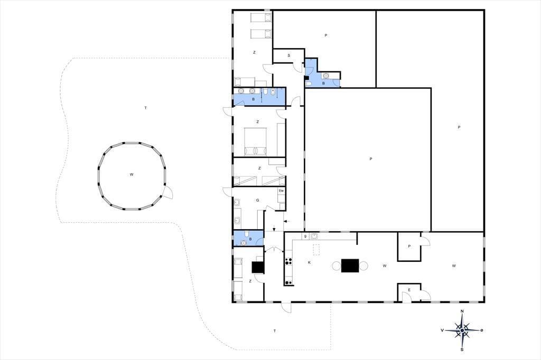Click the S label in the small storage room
pyautogui.click(x=288, y=55)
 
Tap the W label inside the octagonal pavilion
pyautogui.click(x=132, y=175)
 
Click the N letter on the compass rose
pyautogui.click(x=462, y=311)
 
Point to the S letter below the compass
pyautogui.click(x=462, y=349)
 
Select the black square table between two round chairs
pyautogui.click(x=350, y=266)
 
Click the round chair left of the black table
pyautogui.click(x=337, y=266)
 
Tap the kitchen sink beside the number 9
pyautogui.click(x=314, y=236)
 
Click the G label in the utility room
pyautogui.click(x=257, y=201)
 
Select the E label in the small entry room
pyautogui.click(x=409, y=290)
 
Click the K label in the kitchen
pyautogui.click(x=309, y=262)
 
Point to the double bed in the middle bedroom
pyautogui.click(x=256, y=141)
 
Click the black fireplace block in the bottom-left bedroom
pyautogui.click(x=258, y=268)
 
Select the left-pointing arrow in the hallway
pyautogui.click(x=287, y=221)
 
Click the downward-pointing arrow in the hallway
pyautogui.click(x=274, y=228)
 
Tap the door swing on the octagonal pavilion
pyautogui.click(x=167, y=192)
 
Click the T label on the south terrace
pyautogui.click(x=275, y=331)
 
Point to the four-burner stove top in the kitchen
pyautogui.click(x=289, y=261)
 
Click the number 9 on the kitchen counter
pyautogui.click(x=306, y=236)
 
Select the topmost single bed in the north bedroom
pyautogui.click(x=261, y=17)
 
